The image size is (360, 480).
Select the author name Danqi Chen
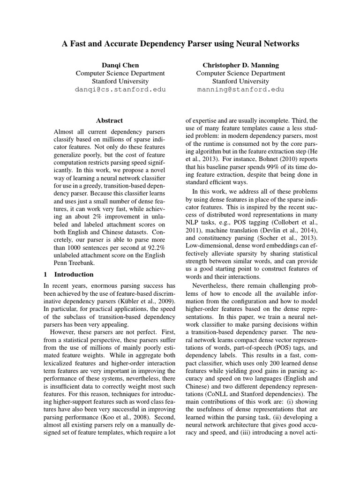pyautogui.click(x=120, y=65)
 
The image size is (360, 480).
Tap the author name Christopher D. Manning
pyautogui.click(x=240, y=65)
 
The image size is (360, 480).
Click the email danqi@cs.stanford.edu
pyautogui.click(x=120, y=89)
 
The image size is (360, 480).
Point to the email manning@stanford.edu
pyautogui.click(x=240, y=89)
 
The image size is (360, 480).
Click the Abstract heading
pyautogui.click(x=109, y=120)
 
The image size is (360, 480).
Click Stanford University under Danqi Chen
pyautogui.click(x=120, y=81)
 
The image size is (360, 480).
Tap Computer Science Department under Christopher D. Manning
pyautogui.click(x=240, y=73)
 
